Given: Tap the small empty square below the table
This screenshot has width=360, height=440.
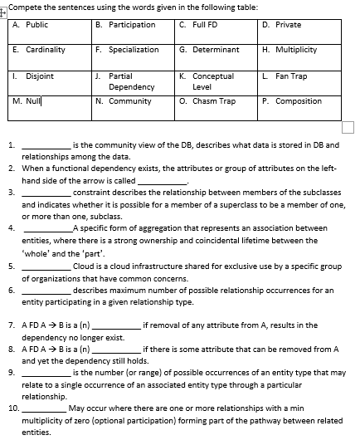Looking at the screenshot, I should [x=348, y=127].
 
